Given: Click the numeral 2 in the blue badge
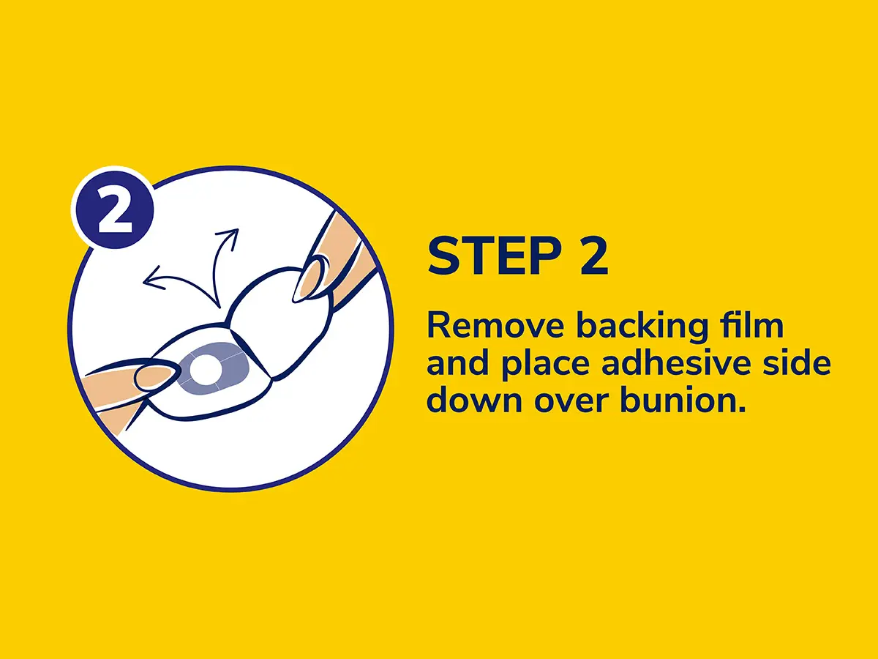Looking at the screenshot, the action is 115,209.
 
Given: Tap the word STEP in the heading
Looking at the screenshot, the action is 494,256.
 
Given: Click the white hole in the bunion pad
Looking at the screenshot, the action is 203,369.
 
